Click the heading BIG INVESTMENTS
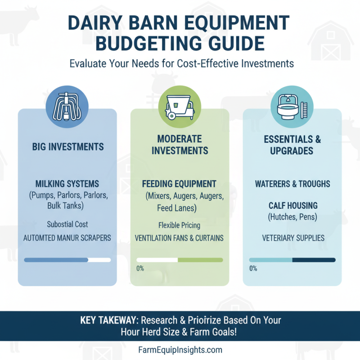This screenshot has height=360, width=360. (x=67, y=147)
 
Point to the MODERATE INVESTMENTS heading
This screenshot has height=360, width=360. (x=180, y=144)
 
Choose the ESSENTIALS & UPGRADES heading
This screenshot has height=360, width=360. (x=292, y=144)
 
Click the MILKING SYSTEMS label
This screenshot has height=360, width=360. (x=67, y=184)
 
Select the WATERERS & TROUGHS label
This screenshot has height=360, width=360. (x=292, y=184)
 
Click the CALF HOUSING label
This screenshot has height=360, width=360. (x=292, y=206)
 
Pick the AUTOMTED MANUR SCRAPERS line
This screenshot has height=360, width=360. (x=67, y=238)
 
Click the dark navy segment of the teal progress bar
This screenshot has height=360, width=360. (x=314, y=260)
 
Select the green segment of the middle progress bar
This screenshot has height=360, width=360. (x=200, y=260)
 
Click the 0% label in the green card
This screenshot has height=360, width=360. (x=140, y=269)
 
